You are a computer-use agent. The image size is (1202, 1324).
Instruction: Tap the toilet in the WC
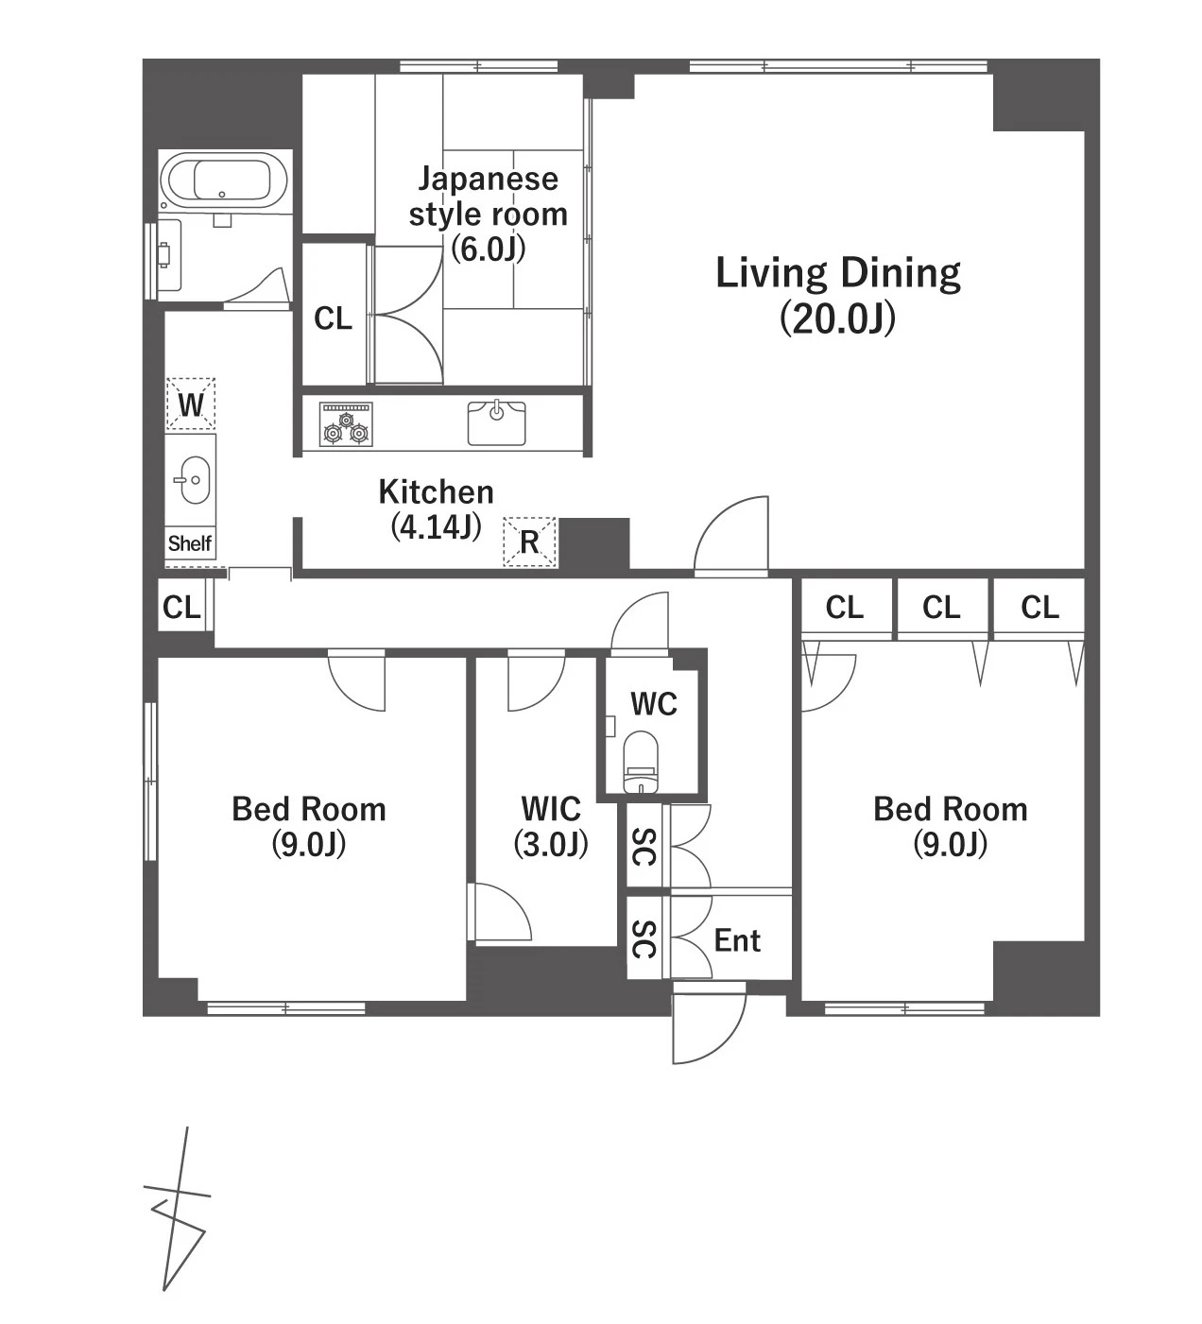639,761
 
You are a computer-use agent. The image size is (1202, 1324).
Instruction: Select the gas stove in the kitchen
345,423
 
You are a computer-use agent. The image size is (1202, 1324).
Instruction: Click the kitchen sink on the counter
496,423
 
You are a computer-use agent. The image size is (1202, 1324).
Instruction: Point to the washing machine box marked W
190,404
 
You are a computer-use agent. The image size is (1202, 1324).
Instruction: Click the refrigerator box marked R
529,542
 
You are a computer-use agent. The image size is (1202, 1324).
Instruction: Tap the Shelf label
190,543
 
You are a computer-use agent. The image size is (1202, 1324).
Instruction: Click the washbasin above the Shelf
192,480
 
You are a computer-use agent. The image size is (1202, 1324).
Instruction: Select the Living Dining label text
837,273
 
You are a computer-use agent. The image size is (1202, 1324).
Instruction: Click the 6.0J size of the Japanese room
488,249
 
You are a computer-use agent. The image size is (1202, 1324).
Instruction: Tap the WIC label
551,808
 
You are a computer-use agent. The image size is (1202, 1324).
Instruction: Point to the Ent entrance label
737,940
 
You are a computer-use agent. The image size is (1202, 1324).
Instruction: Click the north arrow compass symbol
177,1208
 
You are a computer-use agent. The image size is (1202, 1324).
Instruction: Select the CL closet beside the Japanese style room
334,318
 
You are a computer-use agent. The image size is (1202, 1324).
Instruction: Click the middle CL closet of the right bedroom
940,608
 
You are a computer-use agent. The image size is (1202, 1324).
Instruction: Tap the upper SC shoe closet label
644,846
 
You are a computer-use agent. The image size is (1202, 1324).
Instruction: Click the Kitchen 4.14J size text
437,526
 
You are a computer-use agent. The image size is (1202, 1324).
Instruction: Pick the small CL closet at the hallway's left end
181,608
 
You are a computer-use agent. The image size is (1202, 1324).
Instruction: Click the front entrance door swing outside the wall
709,1022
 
